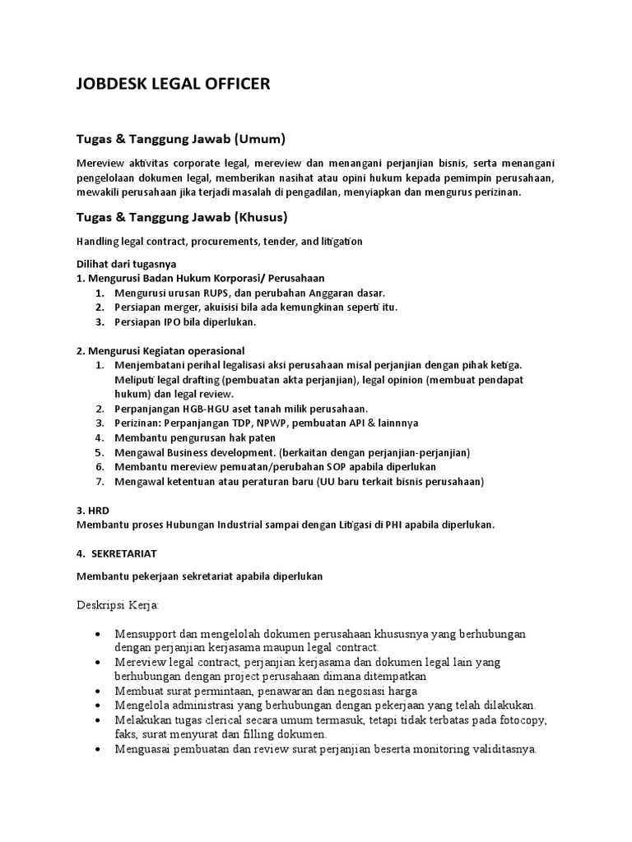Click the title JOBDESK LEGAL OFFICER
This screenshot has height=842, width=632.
pyautogui.click(x=172, y=84)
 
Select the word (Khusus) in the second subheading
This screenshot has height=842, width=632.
pyautogui.click(x=261, y=217)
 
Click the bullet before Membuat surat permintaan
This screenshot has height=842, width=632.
pyautogui.click(x=99, y=691)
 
